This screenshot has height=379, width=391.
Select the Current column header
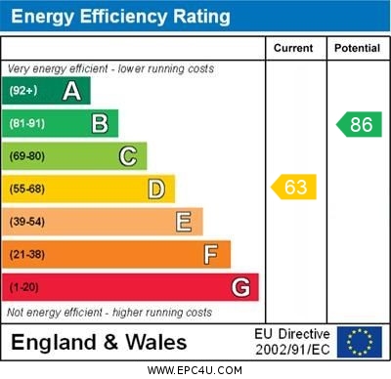point(293,48)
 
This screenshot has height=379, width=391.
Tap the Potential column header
point(357,48)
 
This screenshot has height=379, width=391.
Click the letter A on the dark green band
point(71,91)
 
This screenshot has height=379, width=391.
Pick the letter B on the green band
point(100,123)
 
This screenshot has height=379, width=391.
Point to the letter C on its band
point(128,156)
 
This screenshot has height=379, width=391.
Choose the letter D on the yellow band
point(156,189)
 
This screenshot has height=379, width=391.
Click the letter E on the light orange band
point(184,222)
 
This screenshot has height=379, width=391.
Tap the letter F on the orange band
point(211,254)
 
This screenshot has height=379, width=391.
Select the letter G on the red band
point(240,287)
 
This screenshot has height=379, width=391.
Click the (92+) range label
point(24,91)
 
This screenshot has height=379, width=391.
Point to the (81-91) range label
point(27,124)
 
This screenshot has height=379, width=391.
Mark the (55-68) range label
point(27,189)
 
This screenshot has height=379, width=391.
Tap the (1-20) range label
point(24,288)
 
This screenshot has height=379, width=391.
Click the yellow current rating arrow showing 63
point(294,186)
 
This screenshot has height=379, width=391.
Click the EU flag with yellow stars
point(359,342)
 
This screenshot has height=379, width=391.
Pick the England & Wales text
point(99,342)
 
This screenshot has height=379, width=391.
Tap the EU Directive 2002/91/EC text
point(292,342)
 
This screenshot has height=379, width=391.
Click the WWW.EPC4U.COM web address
point(195,370)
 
